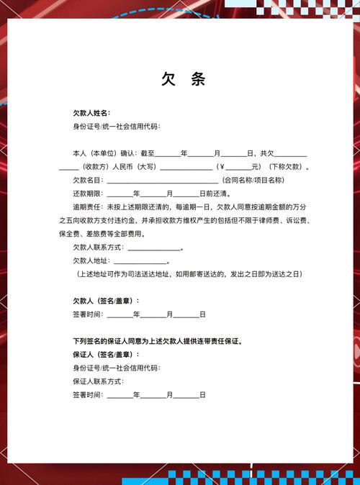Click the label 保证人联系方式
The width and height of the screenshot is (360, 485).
click(97, 381)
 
